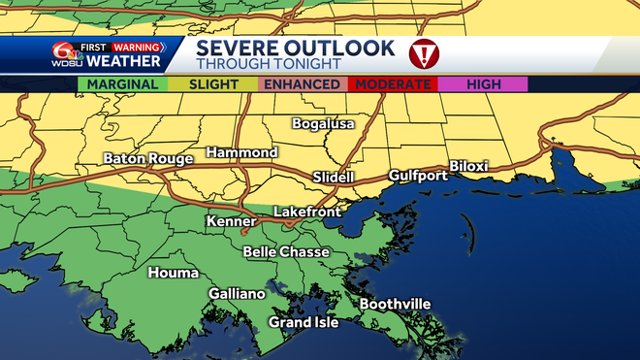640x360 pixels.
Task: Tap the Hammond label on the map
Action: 242,153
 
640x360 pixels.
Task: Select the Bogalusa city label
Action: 324,124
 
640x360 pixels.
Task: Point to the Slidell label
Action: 335,178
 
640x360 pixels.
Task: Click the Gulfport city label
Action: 418,176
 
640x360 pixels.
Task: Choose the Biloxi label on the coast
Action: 468,166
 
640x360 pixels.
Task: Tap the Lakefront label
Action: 308,211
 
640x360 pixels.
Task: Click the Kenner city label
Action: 232,222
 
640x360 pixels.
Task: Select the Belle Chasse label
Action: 286,252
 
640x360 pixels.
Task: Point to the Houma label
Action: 173,273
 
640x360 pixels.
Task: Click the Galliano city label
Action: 237,294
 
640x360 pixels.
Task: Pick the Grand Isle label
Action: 304,322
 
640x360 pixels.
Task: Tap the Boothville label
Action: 395,304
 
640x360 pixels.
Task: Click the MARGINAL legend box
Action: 122,84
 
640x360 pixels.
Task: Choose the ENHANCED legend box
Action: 303,84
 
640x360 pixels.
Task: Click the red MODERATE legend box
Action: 393,84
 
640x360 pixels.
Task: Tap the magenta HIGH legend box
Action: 483,84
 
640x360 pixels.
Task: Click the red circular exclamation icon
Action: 424,54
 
